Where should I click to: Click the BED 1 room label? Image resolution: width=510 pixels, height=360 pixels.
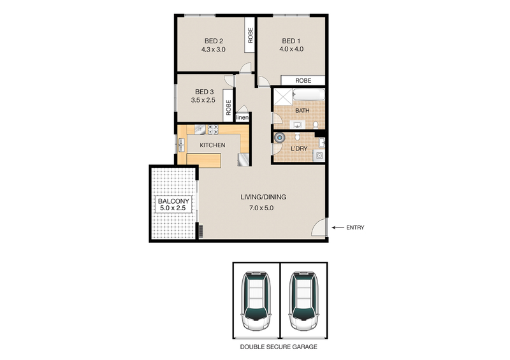(x=291, y=41)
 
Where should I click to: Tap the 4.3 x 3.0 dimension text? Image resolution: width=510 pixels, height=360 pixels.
(x=213, y=50)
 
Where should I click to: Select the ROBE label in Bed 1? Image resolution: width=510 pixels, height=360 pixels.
(x=303, y=80)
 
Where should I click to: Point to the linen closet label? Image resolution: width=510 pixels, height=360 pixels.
(x=242, y=117)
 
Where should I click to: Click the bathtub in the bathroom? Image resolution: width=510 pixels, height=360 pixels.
(x=309, y=95)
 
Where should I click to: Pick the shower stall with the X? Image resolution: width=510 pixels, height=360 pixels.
(x=283, y=97)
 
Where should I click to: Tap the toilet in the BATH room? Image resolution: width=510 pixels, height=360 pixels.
(x=315, y=125)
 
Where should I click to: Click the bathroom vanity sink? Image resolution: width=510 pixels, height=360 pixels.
(x=297, y=124)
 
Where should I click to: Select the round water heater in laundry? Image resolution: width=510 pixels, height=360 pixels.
(x=279, y=138)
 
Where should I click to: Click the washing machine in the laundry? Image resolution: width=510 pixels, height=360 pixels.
(x=319, y=155)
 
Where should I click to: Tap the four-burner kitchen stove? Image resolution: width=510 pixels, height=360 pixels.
(x=214, y=129)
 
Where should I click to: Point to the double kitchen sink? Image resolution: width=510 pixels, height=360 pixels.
(x=181, y=145)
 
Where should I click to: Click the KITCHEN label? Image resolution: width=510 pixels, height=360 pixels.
(x=212, y=145)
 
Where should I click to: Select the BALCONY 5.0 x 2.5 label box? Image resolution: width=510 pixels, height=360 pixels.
(x=173, y=205)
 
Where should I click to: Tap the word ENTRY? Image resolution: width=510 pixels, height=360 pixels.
(x=355, y=227)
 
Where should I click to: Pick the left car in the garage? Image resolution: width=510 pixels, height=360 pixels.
(x=256, y=301)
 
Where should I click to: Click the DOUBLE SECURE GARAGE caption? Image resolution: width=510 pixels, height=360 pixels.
(x=279, y=347)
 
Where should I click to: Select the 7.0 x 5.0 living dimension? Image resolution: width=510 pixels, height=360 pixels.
(x=261, y=208)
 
